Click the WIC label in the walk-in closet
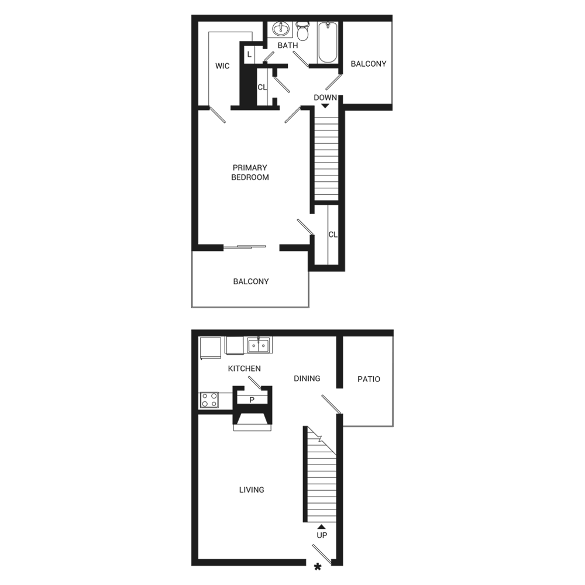click(222, 66)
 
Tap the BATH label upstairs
click(287, 45)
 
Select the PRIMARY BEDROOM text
click(250, 173)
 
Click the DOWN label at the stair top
click(325, 98)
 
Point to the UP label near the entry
click(322, 535)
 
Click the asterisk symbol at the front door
click(318, 566)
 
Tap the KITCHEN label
click(245, 369)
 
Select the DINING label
click(307, 378)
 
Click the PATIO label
click(369, 379)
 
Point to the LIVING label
click(252, 490)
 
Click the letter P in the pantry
click(252, 400)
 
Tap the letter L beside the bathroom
click(249, 54)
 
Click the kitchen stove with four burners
click(209, 400)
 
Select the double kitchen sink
click(257, 346)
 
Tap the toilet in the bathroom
click(302, 30)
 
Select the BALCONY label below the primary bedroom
click(251, 281)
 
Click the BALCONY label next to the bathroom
click(369, 63)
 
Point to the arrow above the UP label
click(321, 526)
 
